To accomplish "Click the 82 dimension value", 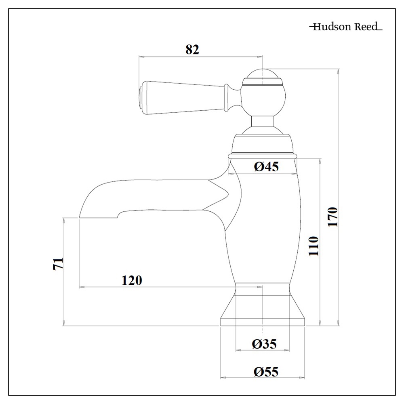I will pos(192,49).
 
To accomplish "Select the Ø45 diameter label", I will pos(267,166).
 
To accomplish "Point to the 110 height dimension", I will pos(314,246).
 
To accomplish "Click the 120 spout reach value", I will pos(132,280).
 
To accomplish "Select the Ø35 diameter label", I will pos(265,344).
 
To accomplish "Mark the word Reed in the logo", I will pos(366,27).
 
